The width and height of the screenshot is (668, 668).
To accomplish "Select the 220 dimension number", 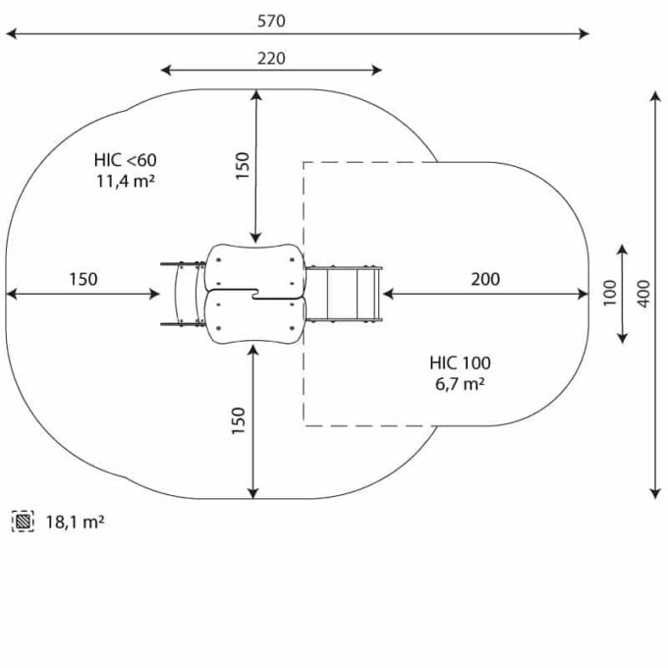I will [272, 58].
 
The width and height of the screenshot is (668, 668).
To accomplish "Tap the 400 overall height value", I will [643, 293].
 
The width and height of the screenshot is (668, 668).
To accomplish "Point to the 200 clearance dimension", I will [484, 279].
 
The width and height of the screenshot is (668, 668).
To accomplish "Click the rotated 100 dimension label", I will [609, 292].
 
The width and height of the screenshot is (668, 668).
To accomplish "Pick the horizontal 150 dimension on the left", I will [83, 279].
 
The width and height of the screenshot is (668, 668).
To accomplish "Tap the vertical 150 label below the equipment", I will [240, 420].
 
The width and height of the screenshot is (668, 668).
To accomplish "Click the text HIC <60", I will [125, 160].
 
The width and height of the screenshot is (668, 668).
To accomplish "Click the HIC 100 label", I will [460, 363].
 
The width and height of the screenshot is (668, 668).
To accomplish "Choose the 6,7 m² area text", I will [459, 384].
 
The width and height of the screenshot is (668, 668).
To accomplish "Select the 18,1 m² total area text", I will [75, 522].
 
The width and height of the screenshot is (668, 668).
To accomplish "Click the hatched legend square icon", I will [24, 522].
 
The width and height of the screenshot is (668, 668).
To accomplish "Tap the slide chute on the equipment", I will [345, 293].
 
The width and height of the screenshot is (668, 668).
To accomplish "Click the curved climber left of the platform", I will [181, 293].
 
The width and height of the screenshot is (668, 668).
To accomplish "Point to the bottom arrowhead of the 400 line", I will [655, 492].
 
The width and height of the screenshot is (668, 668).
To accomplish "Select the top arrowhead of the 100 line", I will [622, 249].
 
